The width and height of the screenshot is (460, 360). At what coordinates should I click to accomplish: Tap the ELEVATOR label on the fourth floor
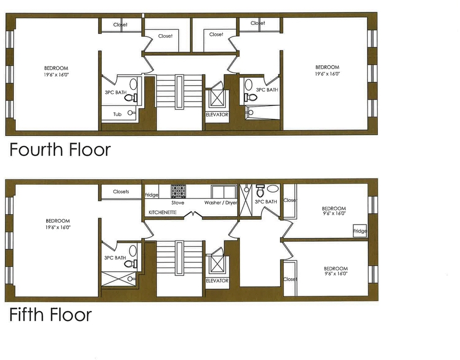tap(217, 114)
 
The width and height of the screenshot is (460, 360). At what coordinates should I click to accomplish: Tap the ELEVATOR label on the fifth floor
tap(217, 281)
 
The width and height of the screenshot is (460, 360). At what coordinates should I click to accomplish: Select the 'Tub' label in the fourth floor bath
tap(117, 114)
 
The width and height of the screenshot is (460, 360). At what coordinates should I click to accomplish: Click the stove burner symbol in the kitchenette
tap(177, 191)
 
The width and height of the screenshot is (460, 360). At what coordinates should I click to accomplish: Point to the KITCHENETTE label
tap(163, 212)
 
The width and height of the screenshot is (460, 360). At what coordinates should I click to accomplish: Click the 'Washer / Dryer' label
tap(221, 202)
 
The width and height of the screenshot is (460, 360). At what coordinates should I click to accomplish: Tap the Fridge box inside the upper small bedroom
tap(360, 231)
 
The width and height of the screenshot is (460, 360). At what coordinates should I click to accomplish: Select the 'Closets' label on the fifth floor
tap(121, 191)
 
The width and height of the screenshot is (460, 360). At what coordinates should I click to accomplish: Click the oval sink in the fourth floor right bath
tap(248, 84)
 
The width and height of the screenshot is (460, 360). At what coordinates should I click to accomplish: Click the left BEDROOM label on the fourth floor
tap(56, 68)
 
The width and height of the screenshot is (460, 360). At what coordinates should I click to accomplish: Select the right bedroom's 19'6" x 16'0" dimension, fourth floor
tap(327, 74)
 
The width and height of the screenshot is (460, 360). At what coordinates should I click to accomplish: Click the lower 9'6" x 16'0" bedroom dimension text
tap(336, 273)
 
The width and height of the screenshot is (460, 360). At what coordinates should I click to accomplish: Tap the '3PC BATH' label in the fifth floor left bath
tap(115, 258)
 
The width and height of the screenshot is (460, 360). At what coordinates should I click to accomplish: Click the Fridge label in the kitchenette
tap(152, 195)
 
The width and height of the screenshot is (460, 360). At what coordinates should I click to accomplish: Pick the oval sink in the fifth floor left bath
tap(133, 251)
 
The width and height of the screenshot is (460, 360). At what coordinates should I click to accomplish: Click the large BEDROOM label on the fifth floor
tap(58, 221)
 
